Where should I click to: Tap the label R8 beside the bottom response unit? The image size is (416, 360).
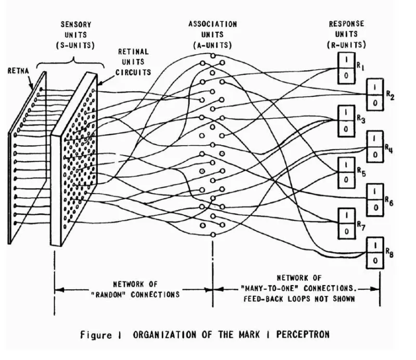coord(389,252)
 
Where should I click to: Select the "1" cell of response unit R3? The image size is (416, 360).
coord(345,112)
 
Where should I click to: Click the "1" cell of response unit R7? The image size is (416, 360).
coord(345,216)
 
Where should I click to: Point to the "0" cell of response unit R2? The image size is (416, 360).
coord(375,104)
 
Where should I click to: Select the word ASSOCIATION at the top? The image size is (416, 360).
coord(213,24)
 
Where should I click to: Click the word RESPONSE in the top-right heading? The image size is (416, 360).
coord(347,24)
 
